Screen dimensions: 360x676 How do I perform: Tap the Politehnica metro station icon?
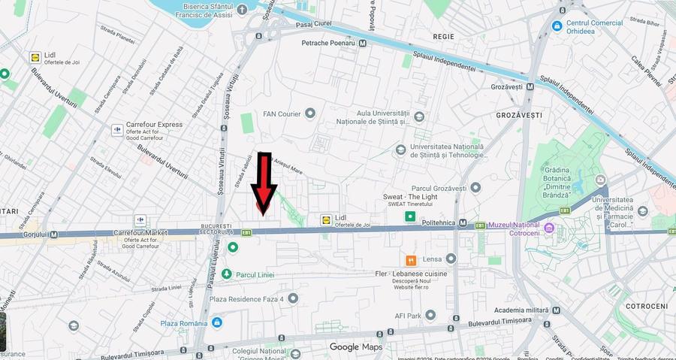point(463,224)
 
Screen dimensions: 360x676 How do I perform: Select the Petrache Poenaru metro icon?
point(363,44)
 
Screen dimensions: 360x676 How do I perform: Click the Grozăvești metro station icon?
point(530,86)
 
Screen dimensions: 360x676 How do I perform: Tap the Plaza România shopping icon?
point(217,323)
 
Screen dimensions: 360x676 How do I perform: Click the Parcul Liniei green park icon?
point(226,275)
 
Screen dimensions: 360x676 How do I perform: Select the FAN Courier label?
point(282,114)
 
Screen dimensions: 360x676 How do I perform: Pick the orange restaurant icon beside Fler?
point(411,261)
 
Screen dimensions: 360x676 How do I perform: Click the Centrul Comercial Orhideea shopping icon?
point(557,26)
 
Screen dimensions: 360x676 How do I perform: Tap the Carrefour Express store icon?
point(117,130)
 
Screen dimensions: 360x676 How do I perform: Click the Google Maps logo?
point(355,346)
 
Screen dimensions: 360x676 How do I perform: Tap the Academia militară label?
point(527,310)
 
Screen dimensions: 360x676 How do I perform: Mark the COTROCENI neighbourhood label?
point(646,307)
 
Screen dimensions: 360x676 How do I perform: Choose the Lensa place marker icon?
point(451,259)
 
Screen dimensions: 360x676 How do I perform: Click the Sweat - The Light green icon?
point(410,217)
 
